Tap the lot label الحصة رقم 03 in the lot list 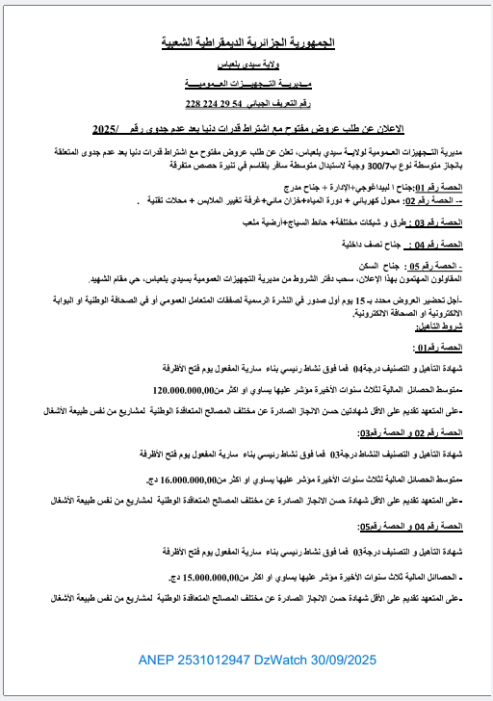click(x=444, y=222)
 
